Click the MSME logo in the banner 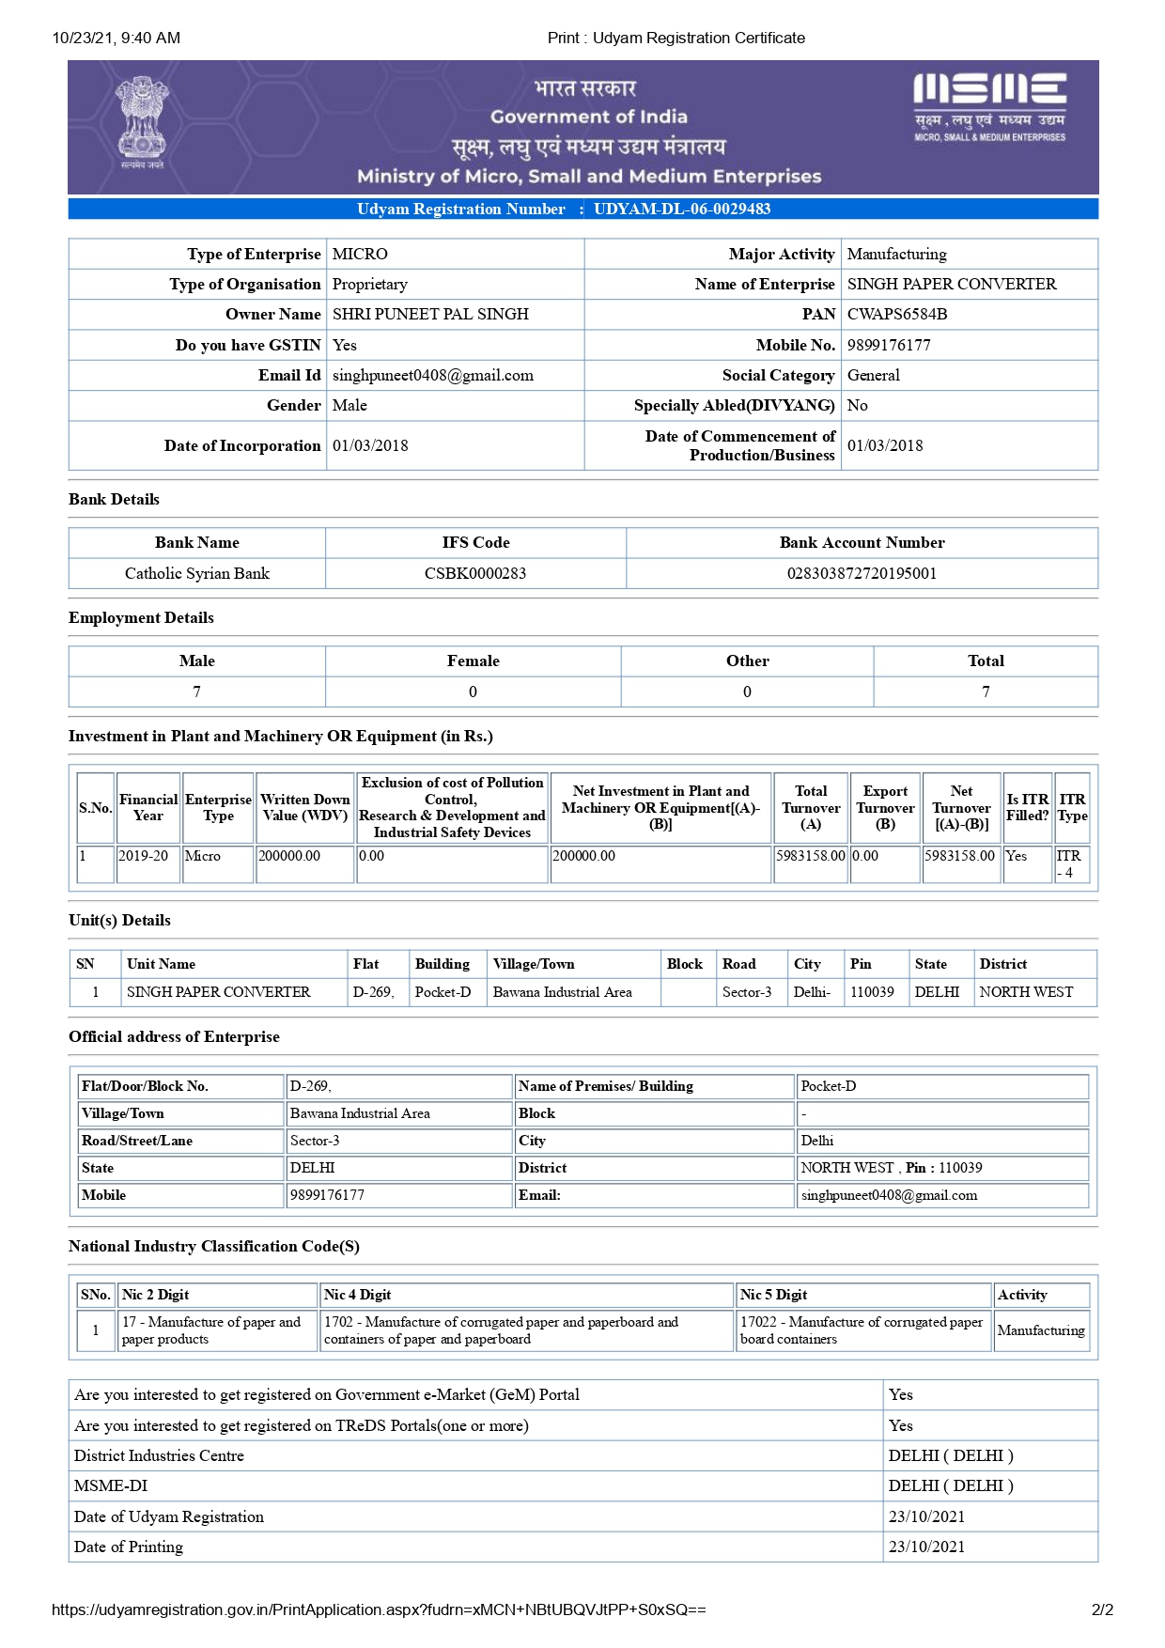(989, 106)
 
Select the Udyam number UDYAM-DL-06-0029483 (681, 209)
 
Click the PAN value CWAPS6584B (896, 314)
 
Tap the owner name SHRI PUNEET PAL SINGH (430, 314)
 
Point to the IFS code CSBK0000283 (475, 573)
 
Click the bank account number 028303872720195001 (862, 573)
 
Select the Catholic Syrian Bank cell (197, 573)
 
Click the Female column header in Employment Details (473, 661)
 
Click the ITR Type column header (1072, 807)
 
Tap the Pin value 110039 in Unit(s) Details (872, 992)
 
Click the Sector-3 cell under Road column (747, 992)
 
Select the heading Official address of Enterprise (174, 1036)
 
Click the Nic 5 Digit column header (773, 1295)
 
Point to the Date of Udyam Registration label (169, 1516)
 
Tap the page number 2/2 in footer (1102, 1609)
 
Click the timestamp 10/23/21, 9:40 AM (116, 38)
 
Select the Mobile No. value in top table (889, 345)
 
